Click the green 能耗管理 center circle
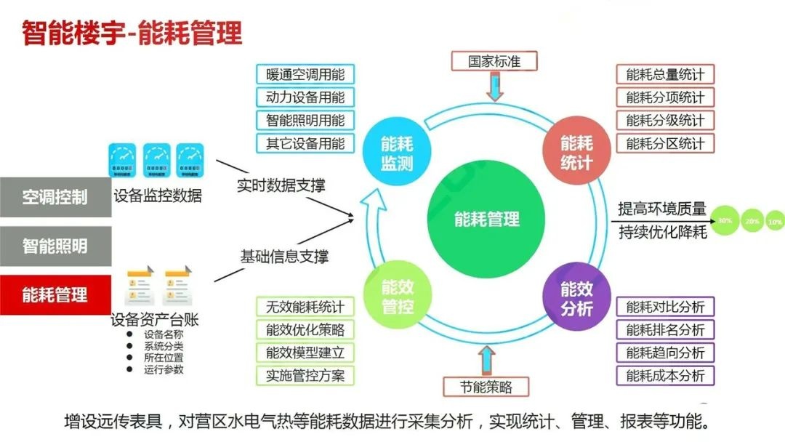pyautogui.click(x=487, y=218)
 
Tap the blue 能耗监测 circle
pyautogui.click(x=396, y=153)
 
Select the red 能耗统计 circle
pyautogui.click(x=576, y=153)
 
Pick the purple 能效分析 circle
pyautogui.click(x=576, y=298)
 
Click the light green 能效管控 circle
pyautogui.click(x=397, y=298)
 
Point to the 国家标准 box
pyautogui.click(x=494, y=60)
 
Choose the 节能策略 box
pyautogui.click(x=486, y=387)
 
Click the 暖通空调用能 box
pyautogui.click(x=305, y=74)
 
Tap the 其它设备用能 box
pyautogui.click(x=305, y=143)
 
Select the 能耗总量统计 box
pyautogui.click(x=665, y=74)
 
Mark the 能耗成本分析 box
pyautogui.click(x=665, y=376)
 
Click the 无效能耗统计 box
pyautogui.click(x=305, y=307)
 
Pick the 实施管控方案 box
pyautogui.click(x=305, y=376)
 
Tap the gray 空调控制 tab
pyautogui.click(x=55, y=196)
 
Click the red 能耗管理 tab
pyautogui.click(x=55, y=294)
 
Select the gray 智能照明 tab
pyautogui.click(x=55, y=246)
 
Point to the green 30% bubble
pyautogui.click(x=725, y=220)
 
